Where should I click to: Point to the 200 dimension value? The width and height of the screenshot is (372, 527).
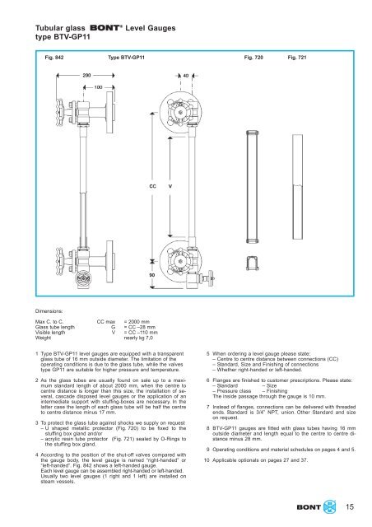tap(87, 74)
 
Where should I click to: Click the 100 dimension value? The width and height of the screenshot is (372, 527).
tap(99, 86)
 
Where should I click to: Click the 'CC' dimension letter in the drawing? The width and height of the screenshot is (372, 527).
tap(152, 187)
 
